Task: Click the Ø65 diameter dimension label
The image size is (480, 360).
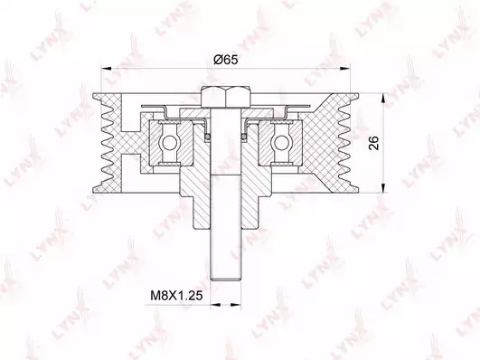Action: pos(226,60)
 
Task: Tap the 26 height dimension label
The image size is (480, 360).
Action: pos(373,143)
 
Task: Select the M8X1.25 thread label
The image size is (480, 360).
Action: pos(176,296)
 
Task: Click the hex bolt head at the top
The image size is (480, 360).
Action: pos(226,97)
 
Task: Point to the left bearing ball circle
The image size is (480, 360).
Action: pos(169,143)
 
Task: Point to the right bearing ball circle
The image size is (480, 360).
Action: pos(280,143)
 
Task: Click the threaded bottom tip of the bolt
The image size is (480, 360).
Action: pos(226,279)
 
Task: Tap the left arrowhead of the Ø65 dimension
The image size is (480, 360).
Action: pos(107,69)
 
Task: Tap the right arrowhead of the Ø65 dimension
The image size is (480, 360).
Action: pos(344,69)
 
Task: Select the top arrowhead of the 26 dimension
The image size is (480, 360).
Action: pos(383,99)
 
